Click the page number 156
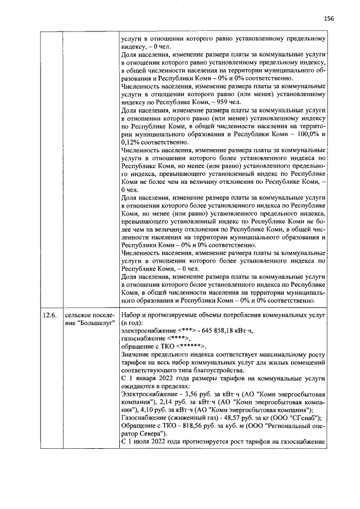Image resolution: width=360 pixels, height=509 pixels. coord(329,18)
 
